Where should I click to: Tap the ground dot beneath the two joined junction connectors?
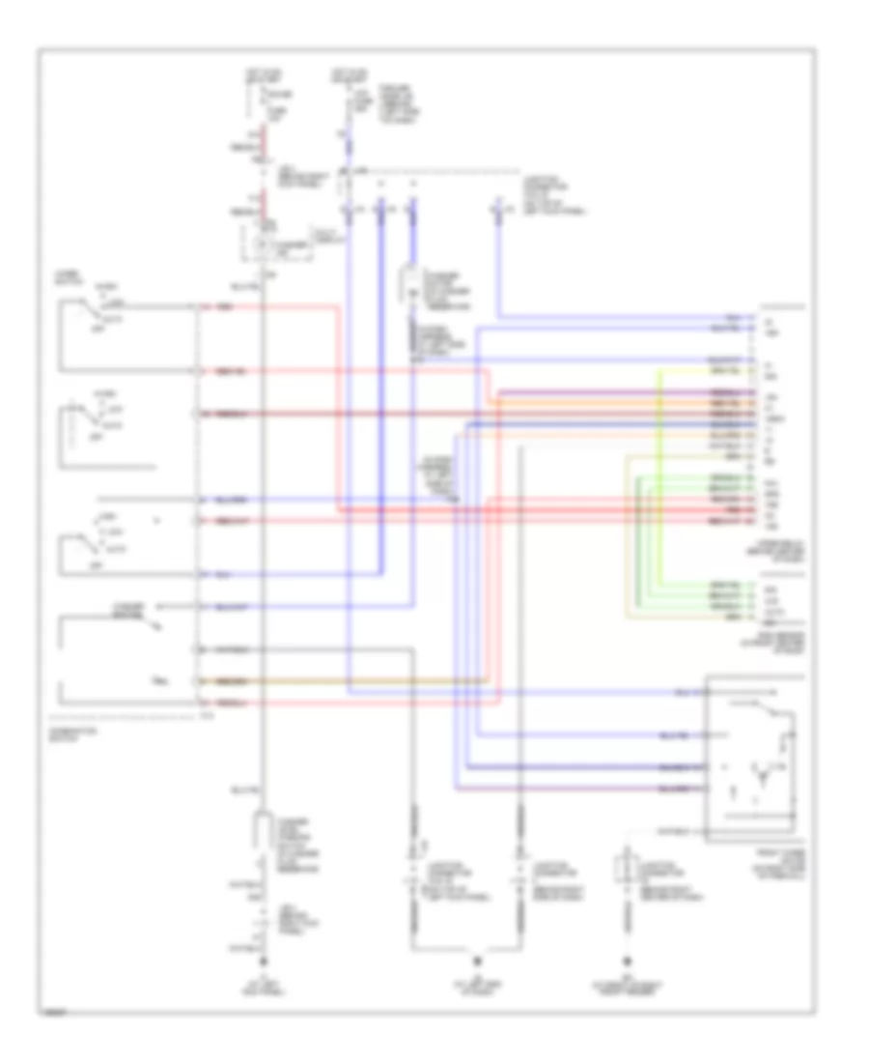[x=476, y=962]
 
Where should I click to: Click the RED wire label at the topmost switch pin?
[x=223, y=307]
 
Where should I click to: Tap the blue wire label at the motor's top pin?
[x=687, y=692]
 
